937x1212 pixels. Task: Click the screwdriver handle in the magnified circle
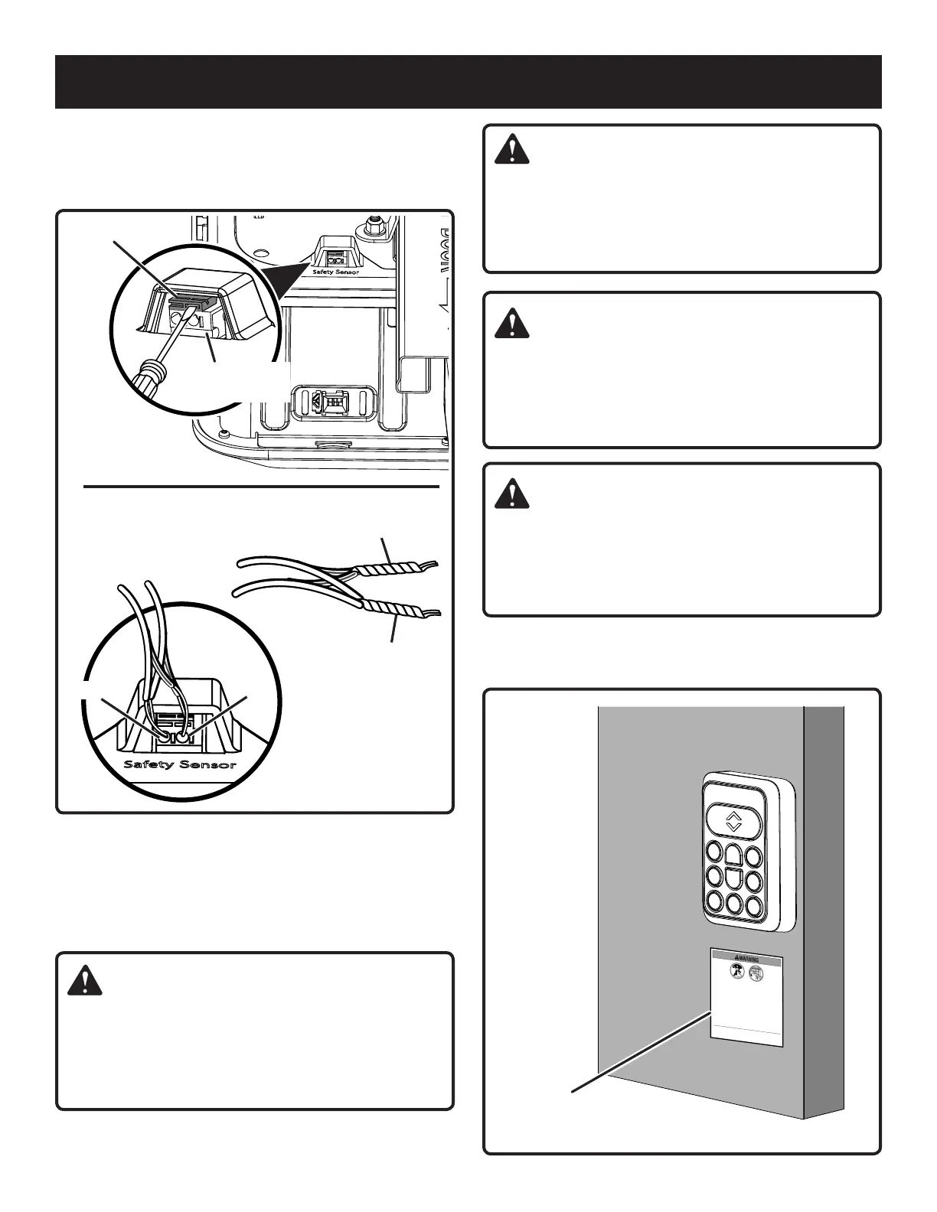coord(148,380)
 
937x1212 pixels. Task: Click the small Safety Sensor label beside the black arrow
coord(335,272)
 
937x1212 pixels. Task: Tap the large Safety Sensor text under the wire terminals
coord(181,765)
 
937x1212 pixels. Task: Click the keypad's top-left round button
coord(714,852)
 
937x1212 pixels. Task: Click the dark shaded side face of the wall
coord(824,903)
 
